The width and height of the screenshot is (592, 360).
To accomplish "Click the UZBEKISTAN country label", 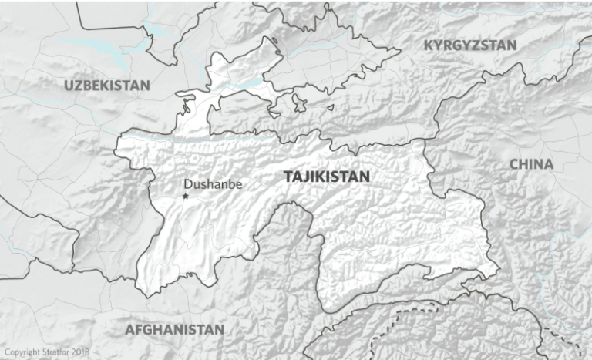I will pyautogui.click(x=107, y=85).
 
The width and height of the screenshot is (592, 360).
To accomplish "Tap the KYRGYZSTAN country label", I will pyautogui.click(x=470, y=45).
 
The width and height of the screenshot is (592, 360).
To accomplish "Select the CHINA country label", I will pyautogui.click(x=531, y=164).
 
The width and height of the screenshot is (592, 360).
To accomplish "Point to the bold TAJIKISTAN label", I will pyautogui.click(x=327, y=177).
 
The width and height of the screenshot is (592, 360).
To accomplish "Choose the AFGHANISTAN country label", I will pyautogui.click(x=175, y=329).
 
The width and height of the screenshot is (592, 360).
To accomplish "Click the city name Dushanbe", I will pyautogui.click(x=214, y=184).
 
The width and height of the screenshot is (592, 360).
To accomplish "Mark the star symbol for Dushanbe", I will pyautogui.click(x=185, y=197).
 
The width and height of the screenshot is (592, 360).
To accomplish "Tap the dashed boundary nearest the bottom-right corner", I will pyautogui.click(x=557, y=339).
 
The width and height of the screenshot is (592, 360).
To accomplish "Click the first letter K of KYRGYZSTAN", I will pyautogui.click(x=429, y=45).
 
